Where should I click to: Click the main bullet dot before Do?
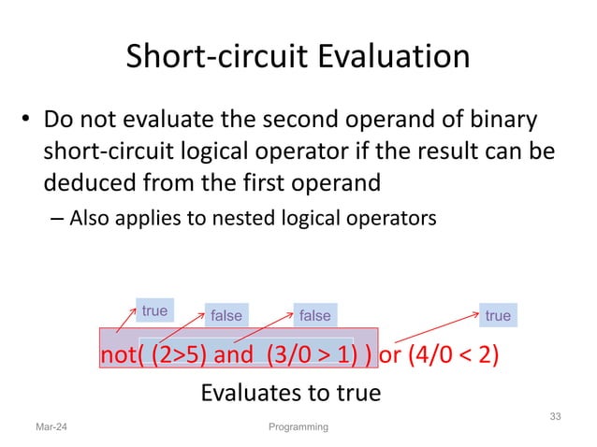(28, 123)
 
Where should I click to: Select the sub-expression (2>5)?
(179, 357)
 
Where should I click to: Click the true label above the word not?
(154, 310)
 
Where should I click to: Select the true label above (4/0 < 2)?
(498, 316)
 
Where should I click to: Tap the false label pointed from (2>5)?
(226, 316)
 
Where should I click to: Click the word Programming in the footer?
(298, 427)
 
